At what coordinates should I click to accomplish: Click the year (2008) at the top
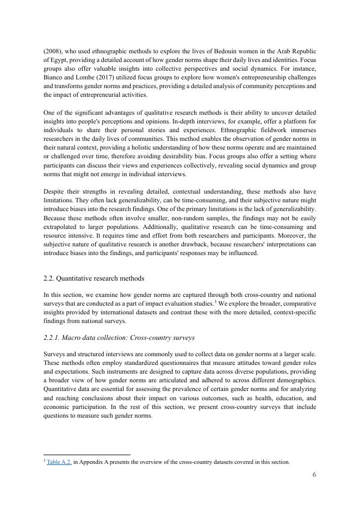[x=52, y=51]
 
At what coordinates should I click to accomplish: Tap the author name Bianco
[x=53, y=77]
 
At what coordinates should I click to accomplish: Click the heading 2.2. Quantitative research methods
[x=94, y=278]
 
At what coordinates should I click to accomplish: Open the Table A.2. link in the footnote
[x=59, y=462]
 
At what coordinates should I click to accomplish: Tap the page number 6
[x=314, y=475]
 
